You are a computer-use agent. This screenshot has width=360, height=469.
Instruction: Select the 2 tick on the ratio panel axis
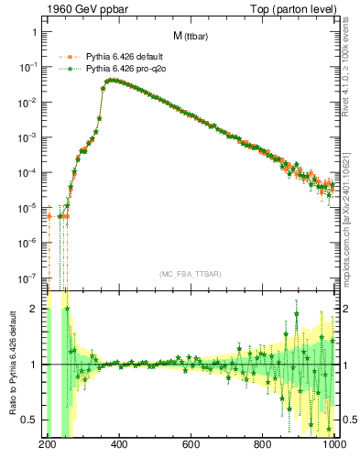[x=36, y=309]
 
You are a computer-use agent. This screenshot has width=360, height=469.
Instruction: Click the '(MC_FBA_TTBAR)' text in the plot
[x=191, y=274]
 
